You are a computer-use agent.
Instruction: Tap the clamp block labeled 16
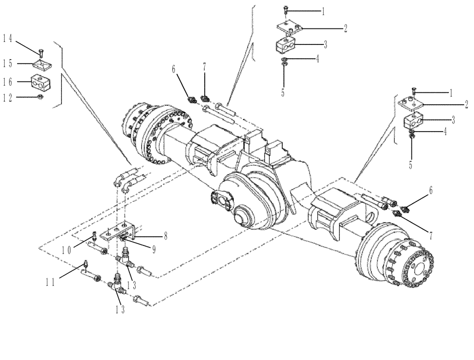click(42, 82)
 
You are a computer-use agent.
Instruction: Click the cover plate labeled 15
click(42, 64)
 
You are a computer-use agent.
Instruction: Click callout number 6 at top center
click(174, 69)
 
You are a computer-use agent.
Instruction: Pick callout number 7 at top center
click(204, 69)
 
